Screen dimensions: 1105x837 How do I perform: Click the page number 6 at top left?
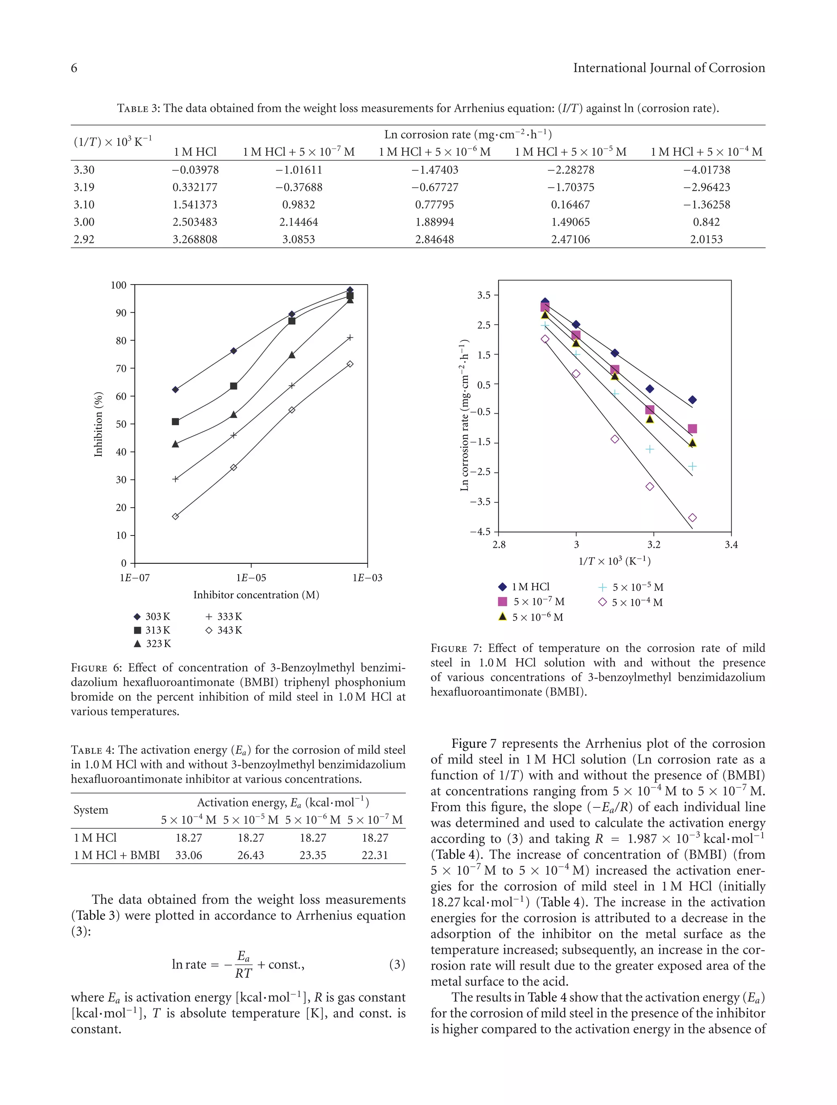point(74,68)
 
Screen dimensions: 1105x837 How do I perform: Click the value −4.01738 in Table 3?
point(706,170)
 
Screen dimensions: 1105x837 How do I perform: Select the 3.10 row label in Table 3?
point(84,205)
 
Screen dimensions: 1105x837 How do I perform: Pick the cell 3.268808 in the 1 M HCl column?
point(195,239)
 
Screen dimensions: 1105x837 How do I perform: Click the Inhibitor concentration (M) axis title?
point(256,595)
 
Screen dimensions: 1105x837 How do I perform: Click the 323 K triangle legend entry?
point(152,644)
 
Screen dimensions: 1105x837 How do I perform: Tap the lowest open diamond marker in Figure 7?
point(692,518)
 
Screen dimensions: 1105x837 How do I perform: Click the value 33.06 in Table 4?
point(188,855)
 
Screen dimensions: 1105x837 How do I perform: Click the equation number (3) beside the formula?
point(396,964)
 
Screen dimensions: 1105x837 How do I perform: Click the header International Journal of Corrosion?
point(668,68)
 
